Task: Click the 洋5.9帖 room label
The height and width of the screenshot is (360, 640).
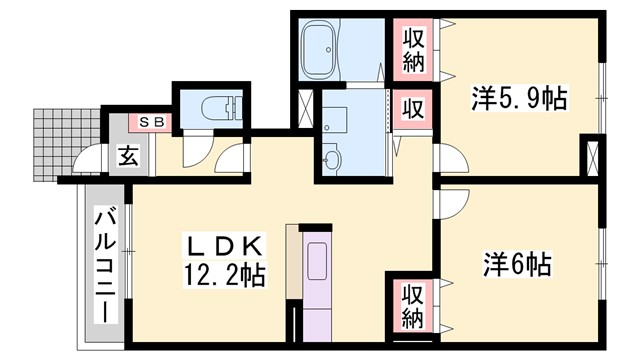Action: [519, 99]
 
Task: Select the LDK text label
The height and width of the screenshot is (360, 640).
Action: [225, 246]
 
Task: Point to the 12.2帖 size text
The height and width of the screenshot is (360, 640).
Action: [225, 275]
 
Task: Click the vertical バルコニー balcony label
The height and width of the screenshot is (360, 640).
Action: [104, 264]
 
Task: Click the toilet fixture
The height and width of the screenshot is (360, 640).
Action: [219, 106]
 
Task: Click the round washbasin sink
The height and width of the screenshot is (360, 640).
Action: [333, 159]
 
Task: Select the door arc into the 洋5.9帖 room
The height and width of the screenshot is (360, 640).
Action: [445, 160]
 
